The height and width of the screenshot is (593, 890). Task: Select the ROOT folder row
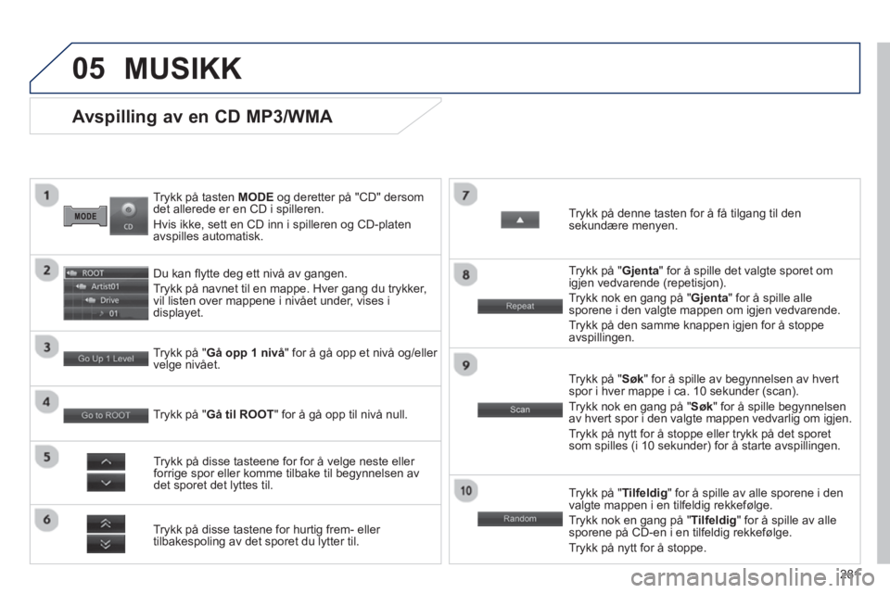tap(106, 273)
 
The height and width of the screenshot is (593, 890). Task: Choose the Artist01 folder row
tap(106, 287)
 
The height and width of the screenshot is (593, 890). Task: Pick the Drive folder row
tap(106, 300)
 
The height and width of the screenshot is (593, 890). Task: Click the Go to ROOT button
tap(106, 415)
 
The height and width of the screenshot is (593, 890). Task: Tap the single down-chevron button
tap(106, 482)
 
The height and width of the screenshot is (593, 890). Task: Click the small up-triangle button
tap(519, 220)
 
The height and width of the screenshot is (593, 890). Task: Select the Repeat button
tap(519, 306)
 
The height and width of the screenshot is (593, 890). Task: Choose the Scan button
tap(519, 409)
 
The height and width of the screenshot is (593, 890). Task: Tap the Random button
tap(519, 519)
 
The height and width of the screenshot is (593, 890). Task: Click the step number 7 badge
tap(467, 194)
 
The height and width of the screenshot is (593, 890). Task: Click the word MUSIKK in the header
tap(183, 68)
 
